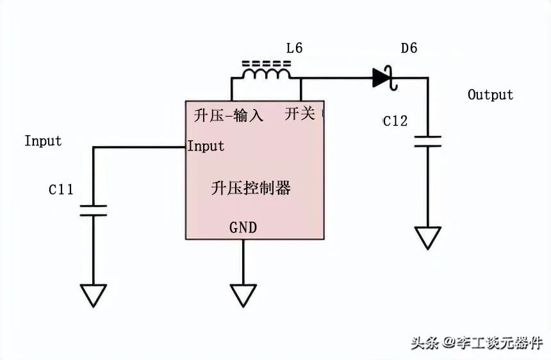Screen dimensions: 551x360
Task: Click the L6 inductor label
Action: click(x=295, y=48)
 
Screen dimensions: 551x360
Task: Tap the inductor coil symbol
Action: click(x=266, y=74)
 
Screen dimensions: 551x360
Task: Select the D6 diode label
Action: click(x=409, y=48)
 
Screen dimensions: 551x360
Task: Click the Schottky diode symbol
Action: click(x=385, y=78)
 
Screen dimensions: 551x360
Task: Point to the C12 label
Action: click(x=395, y=121)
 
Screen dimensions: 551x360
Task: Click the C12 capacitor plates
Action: click(x=427, y=141)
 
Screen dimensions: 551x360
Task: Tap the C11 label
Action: click(x=61, y=190)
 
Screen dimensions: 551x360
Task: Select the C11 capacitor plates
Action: click(x=93, y=210)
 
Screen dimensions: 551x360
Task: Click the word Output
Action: click(x=490, y=94)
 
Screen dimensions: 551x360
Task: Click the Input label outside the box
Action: click(x=43, y=141)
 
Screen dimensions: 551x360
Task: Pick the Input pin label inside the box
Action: click(x=206, y=146)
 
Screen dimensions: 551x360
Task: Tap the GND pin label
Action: click(x=243, y=227)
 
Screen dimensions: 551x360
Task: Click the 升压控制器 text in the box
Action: click(x=251, y=188)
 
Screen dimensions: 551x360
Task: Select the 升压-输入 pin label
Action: click(x=229, y=115)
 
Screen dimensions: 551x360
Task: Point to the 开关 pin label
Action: click(x=300, y=113)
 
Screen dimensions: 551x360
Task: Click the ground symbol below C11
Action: click(x=93, y=296)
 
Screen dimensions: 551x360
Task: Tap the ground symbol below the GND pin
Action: click(x=243, y=296)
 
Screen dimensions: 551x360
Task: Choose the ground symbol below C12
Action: click(x=427, y=238)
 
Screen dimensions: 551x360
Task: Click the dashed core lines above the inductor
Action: click(x=267, y=63)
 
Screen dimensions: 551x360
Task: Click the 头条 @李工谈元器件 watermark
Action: click(x=477, y=343)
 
